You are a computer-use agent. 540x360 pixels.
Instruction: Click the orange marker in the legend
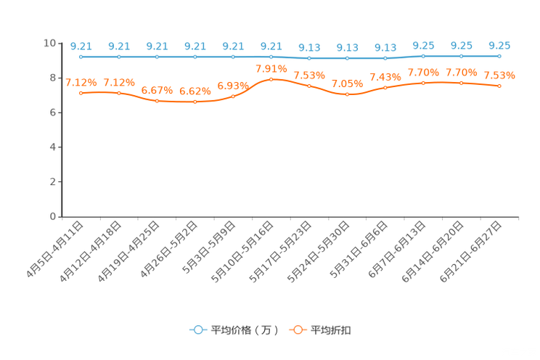pyautogui.click(x=298, y=330)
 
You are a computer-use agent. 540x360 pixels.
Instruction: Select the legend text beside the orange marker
pyautogui.click(x=332, y=330)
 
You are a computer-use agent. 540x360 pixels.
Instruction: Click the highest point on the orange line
pyautogui.click(x=271, y=78)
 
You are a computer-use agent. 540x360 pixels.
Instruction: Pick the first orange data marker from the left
pyautogui.click(x=81, y=94)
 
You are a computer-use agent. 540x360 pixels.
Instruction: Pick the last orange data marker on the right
pyautogui.click(x=499, y=86)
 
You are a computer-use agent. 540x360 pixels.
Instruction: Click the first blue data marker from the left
pyautogui.click(x=81, y=57)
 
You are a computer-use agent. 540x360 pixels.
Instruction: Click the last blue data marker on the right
pyautogui.click(x=499, y=56)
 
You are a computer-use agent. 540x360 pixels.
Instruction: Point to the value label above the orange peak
pyautogui.click(x=269, y=68)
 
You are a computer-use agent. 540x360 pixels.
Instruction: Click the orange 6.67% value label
pyautogui.click(x=157, y=91)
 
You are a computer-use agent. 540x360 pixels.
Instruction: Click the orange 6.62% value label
pyautogui.click(x=195, y=91)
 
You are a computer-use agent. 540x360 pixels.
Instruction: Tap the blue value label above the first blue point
pyautogui.click(x=81, y=46)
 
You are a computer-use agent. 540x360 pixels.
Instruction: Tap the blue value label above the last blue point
pyautogui.click(x=499, y=45)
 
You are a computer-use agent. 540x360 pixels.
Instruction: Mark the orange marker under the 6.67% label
pyautogui.click(x=157, y=102)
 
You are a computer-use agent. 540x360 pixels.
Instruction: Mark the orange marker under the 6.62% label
pyautogui.click(x=195, y=102)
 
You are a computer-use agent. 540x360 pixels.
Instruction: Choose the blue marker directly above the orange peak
pyautogui.click(x=271, y=57)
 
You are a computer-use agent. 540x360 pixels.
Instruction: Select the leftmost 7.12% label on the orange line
pyautogui.click(x=81, y=83)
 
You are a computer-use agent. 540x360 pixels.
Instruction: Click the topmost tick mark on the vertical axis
pyautogui.click(x=61, y=43)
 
